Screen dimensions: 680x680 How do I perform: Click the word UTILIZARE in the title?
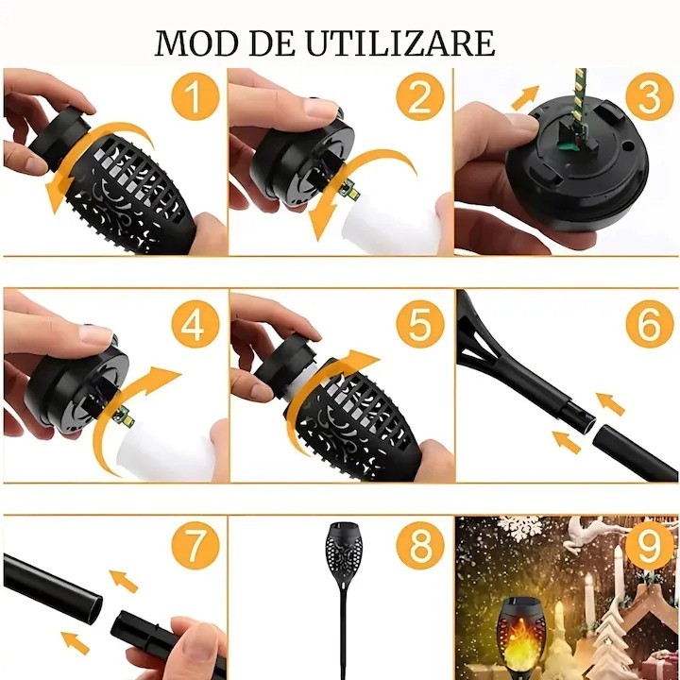point(400,42)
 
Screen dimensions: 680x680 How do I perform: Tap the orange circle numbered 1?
point(195,95)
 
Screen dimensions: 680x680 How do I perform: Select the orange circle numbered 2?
point(419,95)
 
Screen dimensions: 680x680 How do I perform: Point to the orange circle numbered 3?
point(650,95)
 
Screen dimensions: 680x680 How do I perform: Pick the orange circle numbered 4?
point(195,324)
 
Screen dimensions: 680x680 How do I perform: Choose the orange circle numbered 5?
point(419,324)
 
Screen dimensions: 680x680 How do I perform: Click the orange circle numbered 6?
point(650,324)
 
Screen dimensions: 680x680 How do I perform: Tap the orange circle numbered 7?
point(195,545)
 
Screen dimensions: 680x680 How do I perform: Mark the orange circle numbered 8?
point(419,545)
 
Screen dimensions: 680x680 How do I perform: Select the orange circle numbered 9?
point(650,545)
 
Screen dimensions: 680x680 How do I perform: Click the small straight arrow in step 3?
point(525,97)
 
